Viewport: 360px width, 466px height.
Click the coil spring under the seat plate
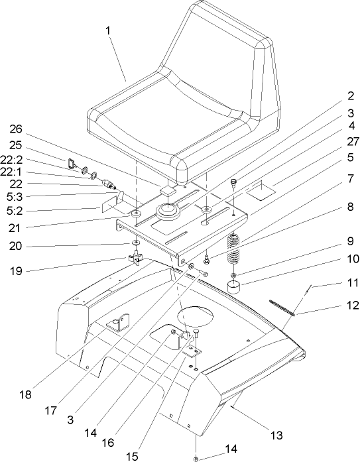[x=235, y=251]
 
